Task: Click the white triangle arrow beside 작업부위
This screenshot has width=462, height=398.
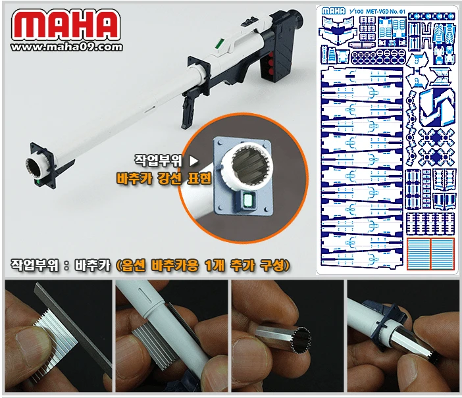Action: coord(193,160)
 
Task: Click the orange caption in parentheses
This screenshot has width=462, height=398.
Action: coord(203,264)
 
